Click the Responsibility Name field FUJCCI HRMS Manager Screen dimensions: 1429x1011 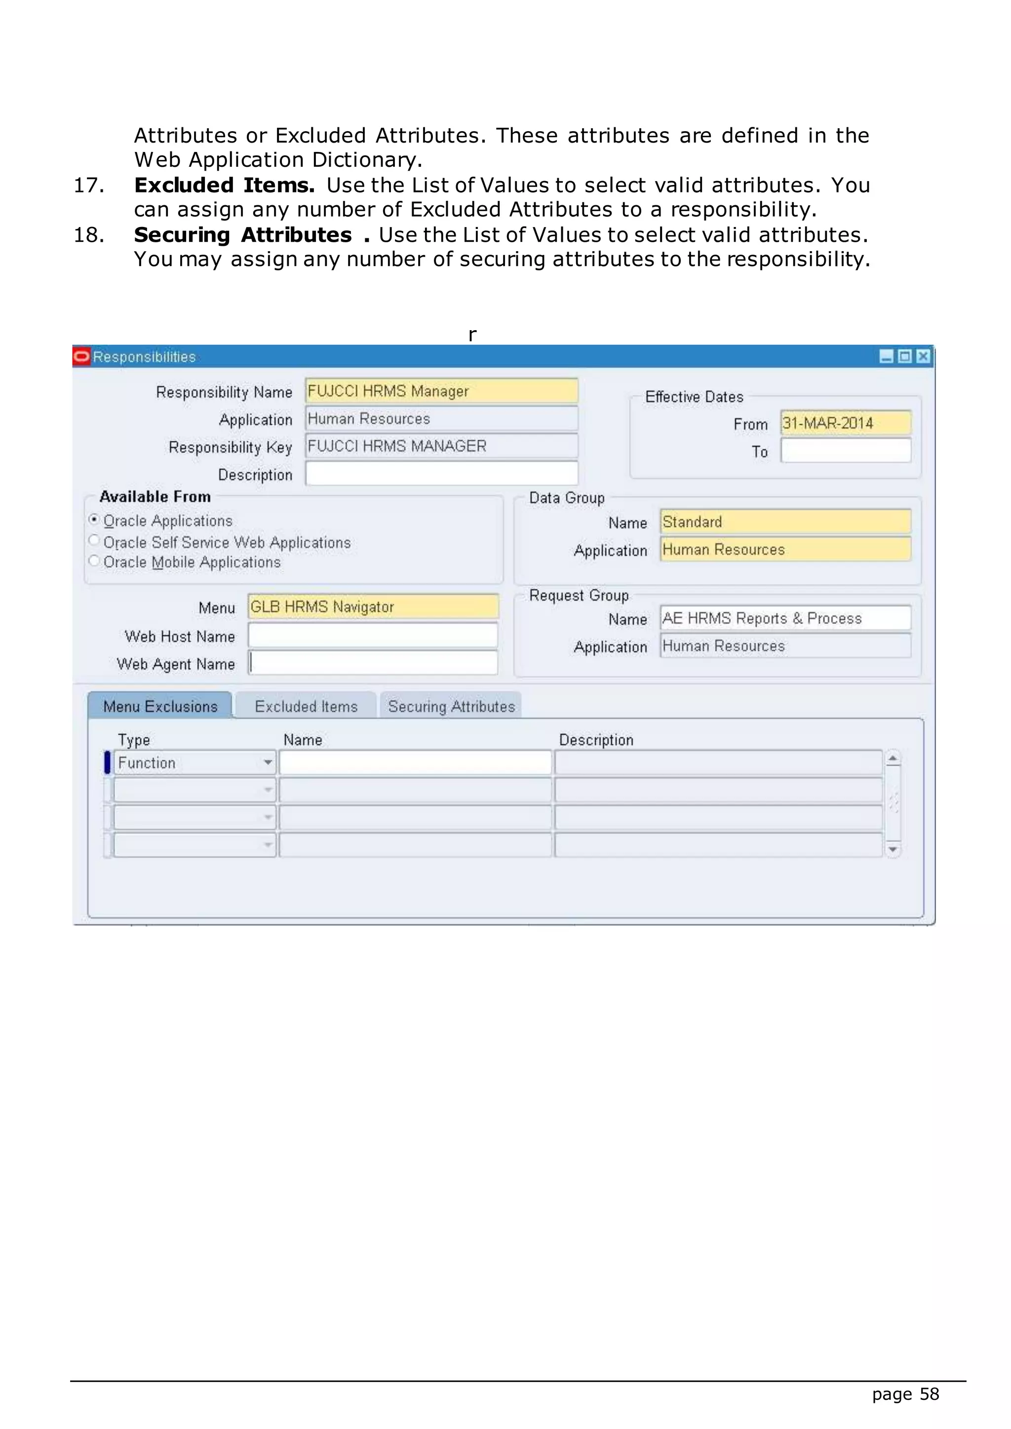coord(441,391)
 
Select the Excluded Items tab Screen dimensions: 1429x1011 coord(306,707)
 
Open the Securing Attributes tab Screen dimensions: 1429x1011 coord(451,707)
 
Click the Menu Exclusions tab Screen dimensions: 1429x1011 coord(160,707)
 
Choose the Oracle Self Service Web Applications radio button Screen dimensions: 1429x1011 coord(94,540)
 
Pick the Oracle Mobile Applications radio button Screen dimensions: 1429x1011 coord(94,561)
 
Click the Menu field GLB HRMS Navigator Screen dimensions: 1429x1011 coord(372,607)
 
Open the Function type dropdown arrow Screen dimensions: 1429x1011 coord(268,762)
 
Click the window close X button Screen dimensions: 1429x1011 coord(923,356)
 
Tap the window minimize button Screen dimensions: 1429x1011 coord(886,356)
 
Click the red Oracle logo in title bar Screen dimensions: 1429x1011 coord(81,356)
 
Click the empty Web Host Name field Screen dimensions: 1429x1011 coord(372,636)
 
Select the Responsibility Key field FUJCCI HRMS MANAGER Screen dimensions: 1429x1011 coord(441,446)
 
